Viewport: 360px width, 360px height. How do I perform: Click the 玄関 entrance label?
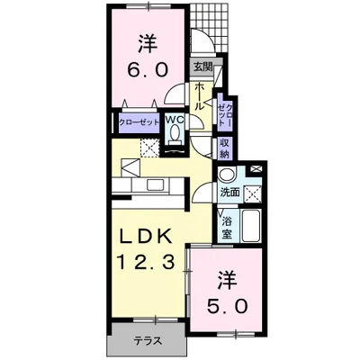click(202, 67)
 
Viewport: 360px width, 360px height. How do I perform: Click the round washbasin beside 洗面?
click(226, 175)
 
